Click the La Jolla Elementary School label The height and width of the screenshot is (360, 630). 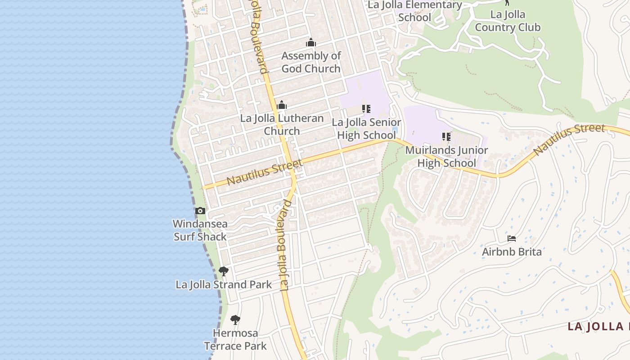pyautogui.click(x=414, y=11)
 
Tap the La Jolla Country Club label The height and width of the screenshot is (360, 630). pyautogui.click(x=508, y=21)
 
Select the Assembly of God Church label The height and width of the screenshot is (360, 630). pyautogui.click(x=311, y=62)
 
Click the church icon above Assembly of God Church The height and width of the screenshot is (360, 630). pyautogui.click(x=311, y=43)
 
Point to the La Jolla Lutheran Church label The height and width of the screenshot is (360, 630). pyautogui.click(x=282, y=125)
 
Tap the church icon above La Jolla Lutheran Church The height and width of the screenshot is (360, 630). pyautogui.click(x=282, y=105)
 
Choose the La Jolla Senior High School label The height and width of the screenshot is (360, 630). pyautogui.click(x=366, y=129)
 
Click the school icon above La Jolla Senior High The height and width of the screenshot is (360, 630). pyautogui.click(x=366, y=109)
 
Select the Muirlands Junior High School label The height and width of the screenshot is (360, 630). pyautogui.click(x=446, y=156)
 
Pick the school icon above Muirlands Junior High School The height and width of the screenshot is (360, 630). pyautogui.click(x=446, y=136)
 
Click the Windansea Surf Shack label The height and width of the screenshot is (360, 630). pyautogui.click(x=200, y=230)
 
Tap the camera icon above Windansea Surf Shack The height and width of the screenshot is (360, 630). pyautogui.click(x=200, y=211)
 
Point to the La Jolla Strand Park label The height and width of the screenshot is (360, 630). pyautogui.click(x=224, y=285)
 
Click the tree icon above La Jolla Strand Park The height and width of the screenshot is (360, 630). pyautogui.click(x=223, y=271)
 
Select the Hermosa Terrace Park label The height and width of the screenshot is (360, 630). pyautogui.click(x=235, y=339)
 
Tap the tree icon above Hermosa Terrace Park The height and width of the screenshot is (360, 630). pyautogui.click(x=235, y=320)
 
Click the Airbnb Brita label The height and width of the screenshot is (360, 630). pyautogui.click(x=512, y=252)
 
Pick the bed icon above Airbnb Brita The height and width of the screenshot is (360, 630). pyautogui.click(x=512, y=238)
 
